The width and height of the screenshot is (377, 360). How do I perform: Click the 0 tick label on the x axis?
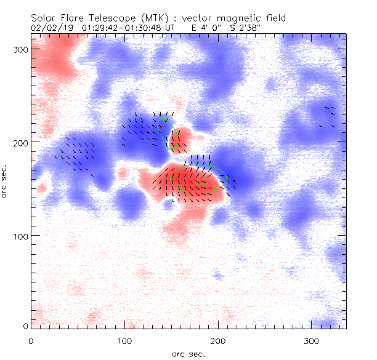click(x=31, y=340)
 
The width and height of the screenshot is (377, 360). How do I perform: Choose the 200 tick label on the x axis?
click(x=217, y=340)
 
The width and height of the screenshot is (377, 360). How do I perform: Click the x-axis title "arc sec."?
click(x=188, y=354)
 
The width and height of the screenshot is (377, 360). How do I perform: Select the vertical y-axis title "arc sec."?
click(x=5, y=182)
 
